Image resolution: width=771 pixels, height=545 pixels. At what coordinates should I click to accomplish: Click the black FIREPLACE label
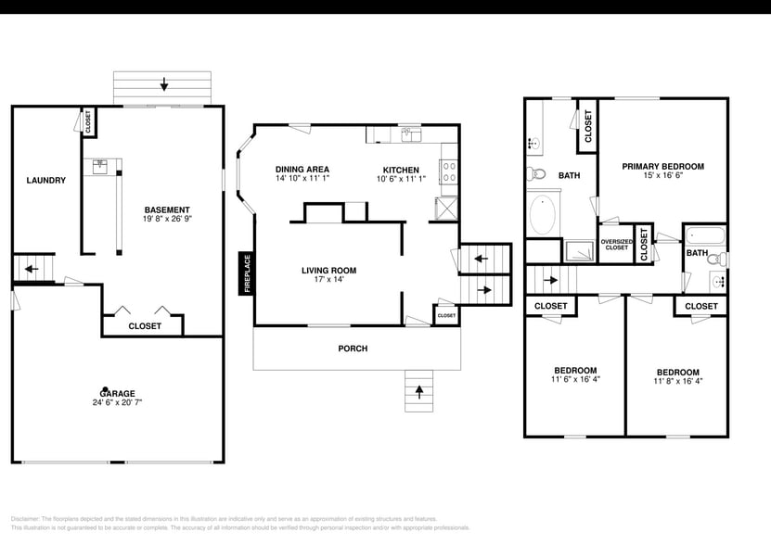(x=247, y=273)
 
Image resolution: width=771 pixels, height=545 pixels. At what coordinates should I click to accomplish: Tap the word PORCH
(x=353, y=349)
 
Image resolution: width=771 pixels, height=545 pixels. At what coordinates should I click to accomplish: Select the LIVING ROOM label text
(x=328, y=271)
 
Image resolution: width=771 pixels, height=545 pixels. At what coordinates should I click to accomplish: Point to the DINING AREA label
(x=302, y=169)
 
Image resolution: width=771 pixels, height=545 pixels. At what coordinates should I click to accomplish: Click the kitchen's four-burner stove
(x=448, y=171)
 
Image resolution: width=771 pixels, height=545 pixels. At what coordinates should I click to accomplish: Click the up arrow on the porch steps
(x=418, y=392)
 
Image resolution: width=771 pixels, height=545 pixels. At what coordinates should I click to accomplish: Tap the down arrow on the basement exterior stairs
(x=164, y=85)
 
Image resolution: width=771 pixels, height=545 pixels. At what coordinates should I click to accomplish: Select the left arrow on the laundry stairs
(x=30, y=270)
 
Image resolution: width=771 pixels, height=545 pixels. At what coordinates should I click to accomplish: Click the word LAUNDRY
(x=45, y=180)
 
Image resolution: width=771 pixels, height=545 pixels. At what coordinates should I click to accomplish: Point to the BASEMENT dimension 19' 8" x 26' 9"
(x=167, y=220)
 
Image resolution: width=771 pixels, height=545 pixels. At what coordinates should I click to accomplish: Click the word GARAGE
(x=117, y=392)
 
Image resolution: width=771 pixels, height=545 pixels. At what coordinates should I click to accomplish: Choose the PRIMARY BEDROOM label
(x=662, y=167)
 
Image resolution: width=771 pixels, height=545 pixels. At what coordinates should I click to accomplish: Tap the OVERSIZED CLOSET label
(x=616, y=245)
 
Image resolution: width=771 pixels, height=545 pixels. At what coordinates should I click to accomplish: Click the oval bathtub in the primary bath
(x=543, y=214)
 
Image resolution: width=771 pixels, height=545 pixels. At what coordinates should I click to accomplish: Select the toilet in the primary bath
(x=536, y=173)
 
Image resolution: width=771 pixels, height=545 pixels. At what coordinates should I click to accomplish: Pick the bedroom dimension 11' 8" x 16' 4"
(x=677, y=381)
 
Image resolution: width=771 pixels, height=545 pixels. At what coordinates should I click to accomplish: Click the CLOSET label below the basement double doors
(x=144, y=326)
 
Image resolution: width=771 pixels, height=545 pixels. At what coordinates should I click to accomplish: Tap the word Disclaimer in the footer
(x=30, y=519)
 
